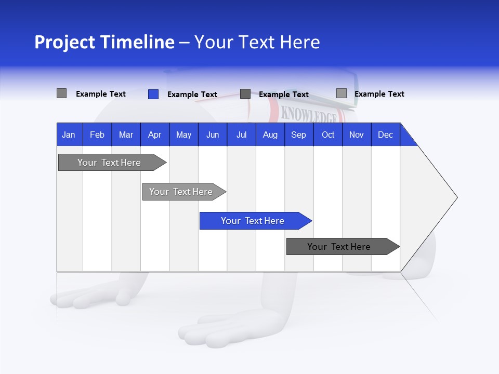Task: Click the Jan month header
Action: (x=69, y=135)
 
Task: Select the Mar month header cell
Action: (x=126, y=135)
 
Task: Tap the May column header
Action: (x=183, y=135)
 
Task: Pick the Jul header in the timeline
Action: (x=241, y=135)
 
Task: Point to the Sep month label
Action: (x=298, y=135)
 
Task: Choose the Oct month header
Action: (x=328, y=135)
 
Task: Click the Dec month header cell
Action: (x=385, y=135)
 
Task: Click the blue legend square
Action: (x=153, y=94)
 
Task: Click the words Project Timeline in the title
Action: (x=104, y=42)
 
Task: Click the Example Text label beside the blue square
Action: (x=192, y=95)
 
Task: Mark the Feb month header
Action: (x=97, y=135)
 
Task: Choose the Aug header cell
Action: (x=270, y=135)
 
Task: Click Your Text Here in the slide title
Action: (x=257, y=42)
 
